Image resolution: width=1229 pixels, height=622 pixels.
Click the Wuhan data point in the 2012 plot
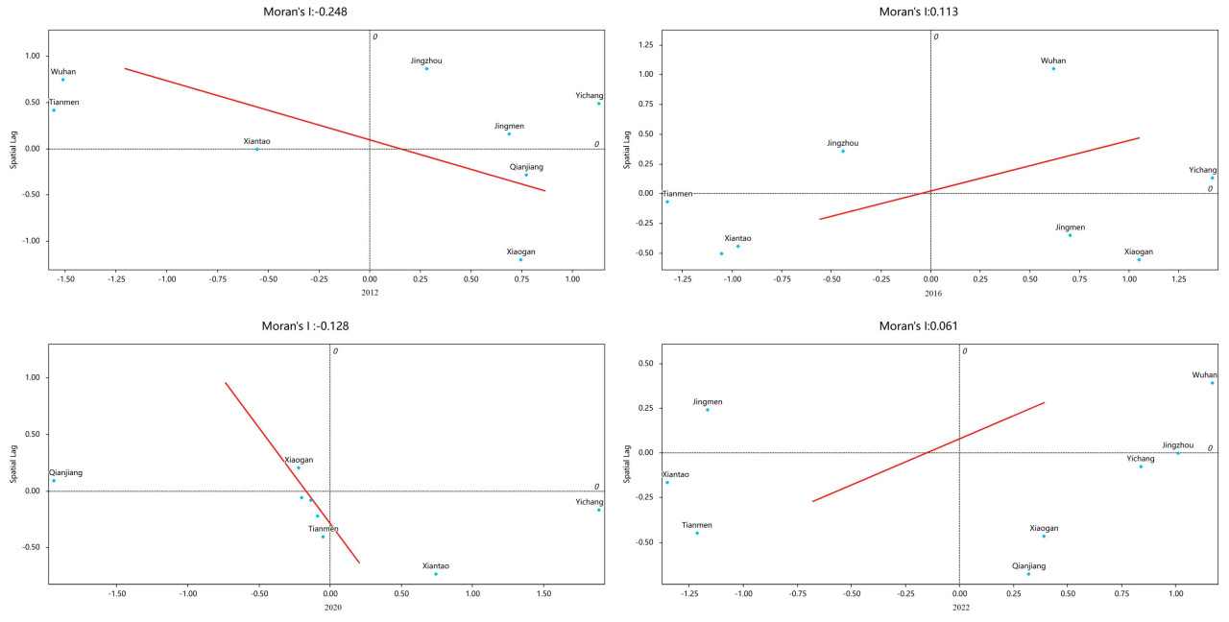point(63,80)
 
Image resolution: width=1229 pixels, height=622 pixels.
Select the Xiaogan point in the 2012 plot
point(520,259)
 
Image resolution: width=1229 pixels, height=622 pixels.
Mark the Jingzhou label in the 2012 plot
point(426,60)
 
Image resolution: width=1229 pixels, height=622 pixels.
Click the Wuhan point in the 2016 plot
point(1053,68)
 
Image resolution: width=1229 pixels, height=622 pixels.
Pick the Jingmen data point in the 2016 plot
point(1070,235)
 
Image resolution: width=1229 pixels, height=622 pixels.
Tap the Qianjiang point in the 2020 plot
point(54,481)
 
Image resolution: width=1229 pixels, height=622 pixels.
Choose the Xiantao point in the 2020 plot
point(436,574)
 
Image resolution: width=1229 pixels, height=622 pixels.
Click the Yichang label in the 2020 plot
point(589,502)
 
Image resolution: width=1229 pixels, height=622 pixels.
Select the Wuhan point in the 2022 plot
point(1213,383)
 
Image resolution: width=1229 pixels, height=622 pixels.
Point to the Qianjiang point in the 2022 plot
point(1028,574)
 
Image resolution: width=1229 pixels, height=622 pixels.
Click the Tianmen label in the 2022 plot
point(697,525)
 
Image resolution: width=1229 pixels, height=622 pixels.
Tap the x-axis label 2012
point(370,292)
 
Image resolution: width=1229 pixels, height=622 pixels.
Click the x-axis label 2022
point(959,608)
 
